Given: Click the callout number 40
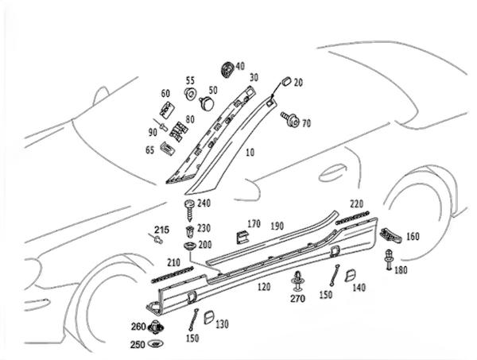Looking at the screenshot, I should pos(240,67).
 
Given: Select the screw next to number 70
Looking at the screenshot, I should pos(289,120).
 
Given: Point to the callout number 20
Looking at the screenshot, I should pos(298,83).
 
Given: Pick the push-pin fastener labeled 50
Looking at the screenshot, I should pos(207,103).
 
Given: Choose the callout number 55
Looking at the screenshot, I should pos(190,80).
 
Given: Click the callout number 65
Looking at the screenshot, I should pos(150,149).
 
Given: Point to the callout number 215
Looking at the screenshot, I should pos(161,229).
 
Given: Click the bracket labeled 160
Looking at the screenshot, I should pos(389,235).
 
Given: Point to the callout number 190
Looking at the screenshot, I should pos(277,226).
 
